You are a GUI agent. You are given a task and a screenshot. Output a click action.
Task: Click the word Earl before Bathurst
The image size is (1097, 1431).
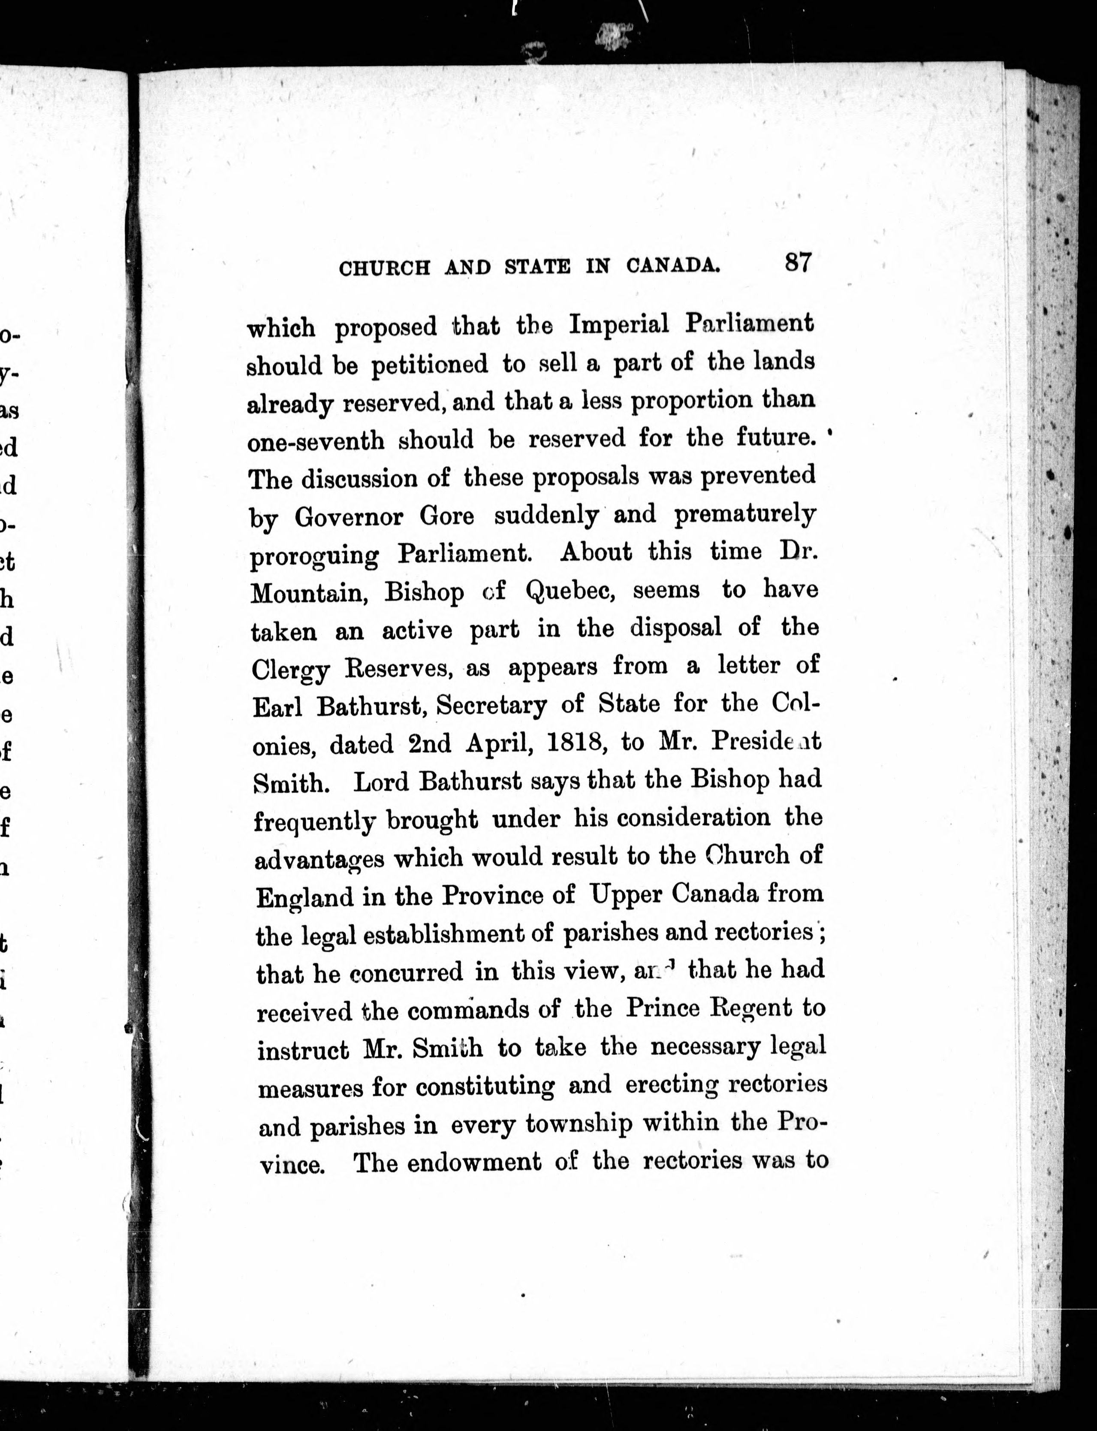pos(277,706)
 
